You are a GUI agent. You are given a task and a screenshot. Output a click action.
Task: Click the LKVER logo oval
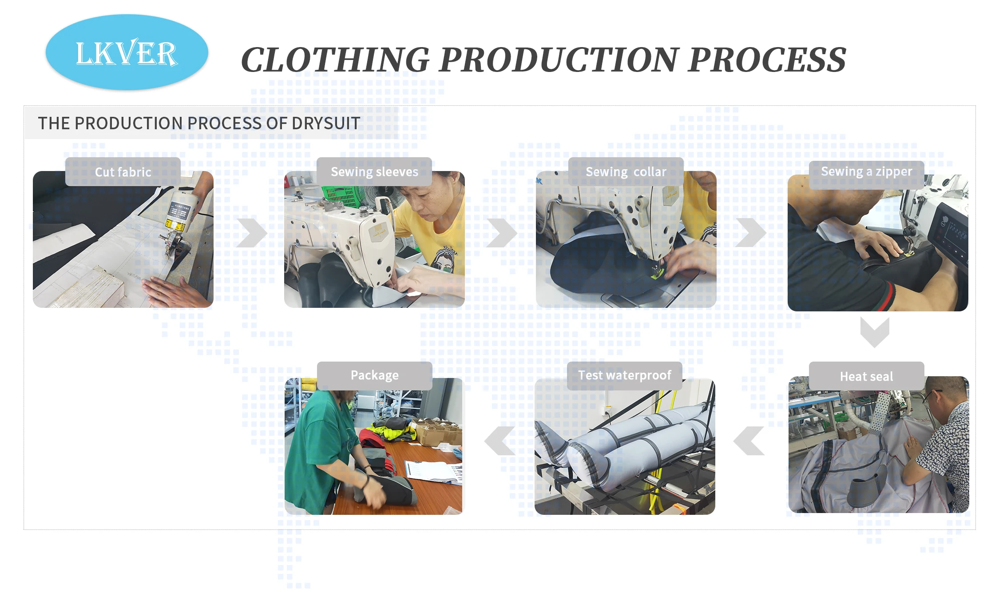point(127,52)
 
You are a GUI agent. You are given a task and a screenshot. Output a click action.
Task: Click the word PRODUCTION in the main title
point(559,60)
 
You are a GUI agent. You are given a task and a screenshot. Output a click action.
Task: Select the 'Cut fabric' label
point(123,172)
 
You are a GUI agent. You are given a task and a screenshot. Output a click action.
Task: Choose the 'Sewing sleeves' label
point(374,172)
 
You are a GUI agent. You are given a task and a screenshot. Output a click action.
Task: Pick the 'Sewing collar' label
point(626,172)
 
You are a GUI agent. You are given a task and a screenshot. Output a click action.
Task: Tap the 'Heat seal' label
point(867,376)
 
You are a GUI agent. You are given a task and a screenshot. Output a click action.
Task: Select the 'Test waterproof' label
point(625,376)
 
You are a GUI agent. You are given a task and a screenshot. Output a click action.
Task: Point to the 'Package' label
point(375,376)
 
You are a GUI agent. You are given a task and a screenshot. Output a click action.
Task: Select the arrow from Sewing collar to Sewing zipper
point(751,233)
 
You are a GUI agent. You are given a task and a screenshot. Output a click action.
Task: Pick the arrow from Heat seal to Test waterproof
point(749,441)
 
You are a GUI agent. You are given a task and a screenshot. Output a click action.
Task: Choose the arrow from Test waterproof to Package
point(500,441)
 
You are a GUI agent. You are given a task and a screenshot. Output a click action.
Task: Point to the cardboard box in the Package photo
point(435,431)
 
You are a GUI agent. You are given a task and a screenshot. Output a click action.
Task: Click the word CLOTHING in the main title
point(335,60)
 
